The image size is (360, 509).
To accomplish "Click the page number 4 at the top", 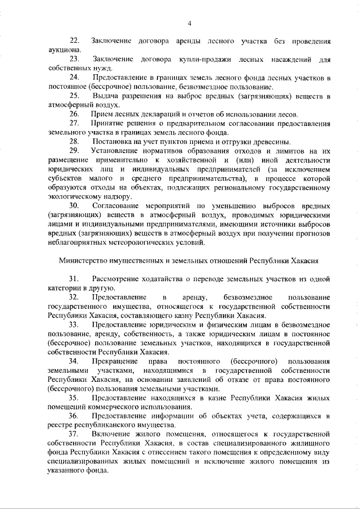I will click(x=190, y=23).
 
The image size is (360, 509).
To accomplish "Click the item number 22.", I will click(x=74, y=41).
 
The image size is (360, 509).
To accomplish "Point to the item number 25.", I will click(x=74, y=96).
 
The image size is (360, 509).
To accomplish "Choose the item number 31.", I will click(x=74, y=278).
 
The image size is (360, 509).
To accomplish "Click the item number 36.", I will click(x=74, y=415).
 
